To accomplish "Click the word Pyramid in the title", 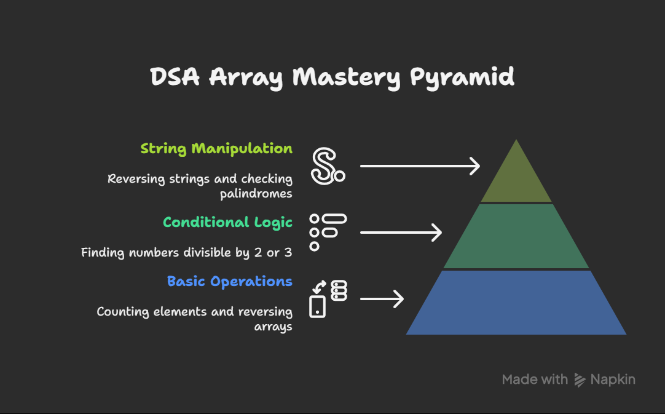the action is (x=462, y=78).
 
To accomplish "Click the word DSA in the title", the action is (x=175, y=77).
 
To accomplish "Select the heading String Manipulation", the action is (x=216, y=149).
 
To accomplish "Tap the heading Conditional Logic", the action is (x=228, y=223).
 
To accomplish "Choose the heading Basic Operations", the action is (x=229, y=282).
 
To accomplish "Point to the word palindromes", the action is (x=256, y=194).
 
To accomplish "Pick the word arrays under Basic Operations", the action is (x=273, y=327).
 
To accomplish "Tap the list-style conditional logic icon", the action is (x=328, y=233).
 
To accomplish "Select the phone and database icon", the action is (x=328, y=299).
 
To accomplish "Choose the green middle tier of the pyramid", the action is (x=516, y=236).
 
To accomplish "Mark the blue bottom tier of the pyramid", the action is (x=516, y=302).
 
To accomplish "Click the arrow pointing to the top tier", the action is (x=420, y=166).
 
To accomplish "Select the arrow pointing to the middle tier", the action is (x=401, y=233).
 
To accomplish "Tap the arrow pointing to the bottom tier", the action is (x=382, y=299).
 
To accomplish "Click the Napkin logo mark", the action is (x=580, y=380).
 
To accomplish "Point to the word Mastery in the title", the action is (x=346, y=78).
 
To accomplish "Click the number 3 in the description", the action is (x=288, y=252).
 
